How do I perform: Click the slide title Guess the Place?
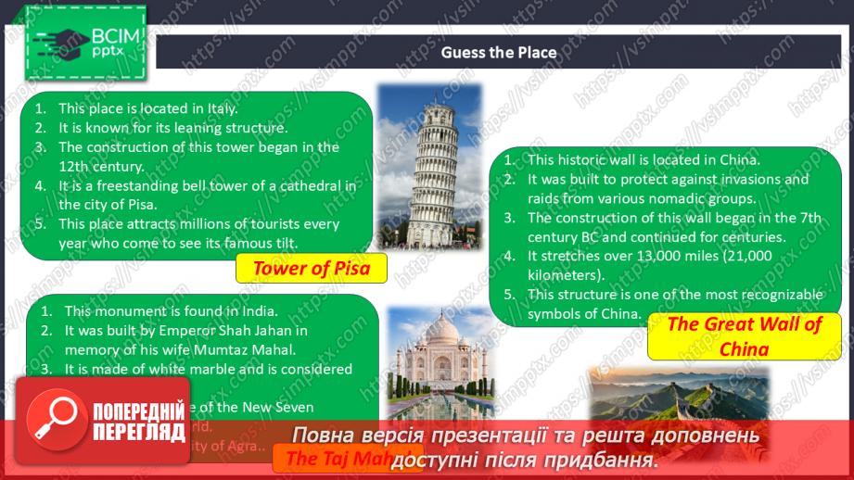tap(499, 53)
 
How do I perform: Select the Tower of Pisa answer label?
tap(311, 270)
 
